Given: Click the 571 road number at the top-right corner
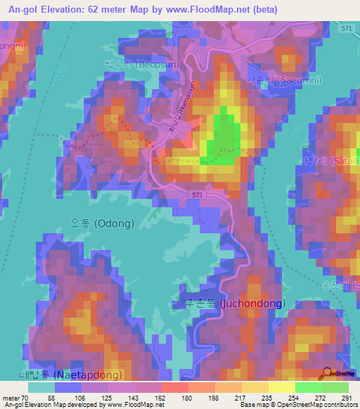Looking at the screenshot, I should pyautogui.click(x=345, y=29).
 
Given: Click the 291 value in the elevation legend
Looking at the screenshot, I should pyautogui.click(x=345, y=397).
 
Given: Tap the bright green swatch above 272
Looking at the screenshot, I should pyautogui.click(x=308, y=387).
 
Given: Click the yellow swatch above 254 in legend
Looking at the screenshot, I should pyautogui.click(x=282, y=387).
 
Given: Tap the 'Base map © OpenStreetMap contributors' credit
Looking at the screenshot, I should pyautogui.click(x=297, y=405).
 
